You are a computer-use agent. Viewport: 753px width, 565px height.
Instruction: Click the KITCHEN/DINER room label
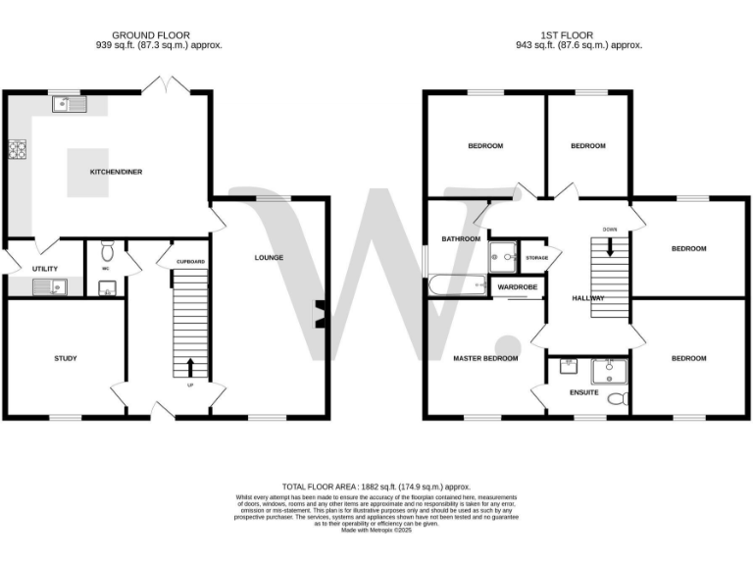[x=117, y=172]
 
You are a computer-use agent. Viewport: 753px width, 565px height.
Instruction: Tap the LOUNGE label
[x=269, y=258]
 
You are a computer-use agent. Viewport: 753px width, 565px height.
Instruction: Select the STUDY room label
[x=66, y=358]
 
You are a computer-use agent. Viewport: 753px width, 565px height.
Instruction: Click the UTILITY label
[x=45, y=269]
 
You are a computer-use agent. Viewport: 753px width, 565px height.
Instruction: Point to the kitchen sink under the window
[x=71, y=102]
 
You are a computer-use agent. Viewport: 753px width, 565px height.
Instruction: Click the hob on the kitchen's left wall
[x=17, y=150]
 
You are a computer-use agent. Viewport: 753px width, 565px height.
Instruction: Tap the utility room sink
[x=48, y=286]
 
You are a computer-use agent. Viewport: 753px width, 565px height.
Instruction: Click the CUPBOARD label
[x=190, y=262]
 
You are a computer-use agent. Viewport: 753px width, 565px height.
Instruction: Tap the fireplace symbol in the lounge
[x=320, y=315]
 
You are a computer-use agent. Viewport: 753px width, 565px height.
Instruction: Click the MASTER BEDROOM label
[x=485, y=358]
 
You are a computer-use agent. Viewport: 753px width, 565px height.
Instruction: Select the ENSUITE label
[x=583, y=392]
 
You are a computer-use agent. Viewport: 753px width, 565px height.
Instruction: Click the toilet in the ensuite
[x=616, y=398]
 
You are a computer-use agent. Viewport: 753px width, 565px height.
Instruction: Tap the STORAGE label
[x=536, y=258]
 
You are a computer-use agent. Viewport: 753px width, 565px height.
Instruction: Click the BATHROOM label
[x=461, y=238]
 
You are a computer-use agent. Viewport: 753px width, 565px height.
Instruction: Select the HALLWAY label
[x=588, y=298]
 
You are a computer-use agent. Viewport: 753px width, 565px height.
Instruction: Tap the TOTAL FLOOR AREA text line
[x=376, y=487]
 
